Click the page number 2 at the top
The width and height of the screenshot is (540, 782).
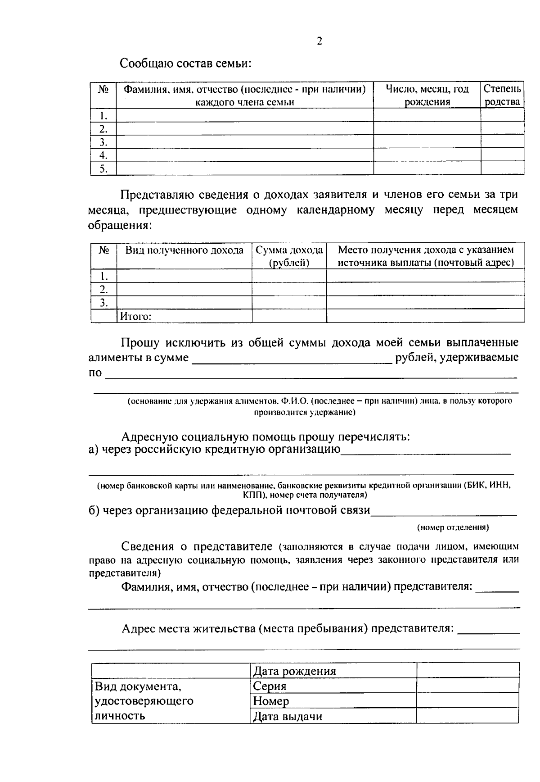(319, 41)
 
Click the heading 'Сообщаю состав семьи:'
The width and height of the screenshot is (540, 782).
(185, 63)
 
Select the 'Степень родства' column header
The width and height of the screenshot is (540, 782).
(502, 95)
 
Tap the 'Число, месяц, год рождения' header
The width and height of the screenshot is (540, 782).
(427, 95)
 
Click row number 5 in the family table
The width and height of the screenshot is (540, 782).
(103, 169)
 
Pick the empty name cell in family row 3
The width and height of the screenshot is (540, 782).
(245, 142)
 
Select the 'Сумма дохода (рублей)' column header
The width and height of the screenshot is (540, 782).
(289, 256)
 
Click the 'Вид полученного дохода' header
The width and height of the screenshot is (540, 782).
(184, 250)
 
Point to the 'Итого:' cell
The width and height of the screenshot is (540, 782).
(135, 316)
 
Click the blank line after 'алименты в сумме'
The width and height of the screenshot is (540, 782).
(292, 359)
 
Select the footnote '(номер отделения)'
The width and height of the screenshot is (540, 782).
(453, 527)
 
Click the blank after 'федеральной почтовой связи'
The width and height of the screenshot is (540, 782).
(444, 511)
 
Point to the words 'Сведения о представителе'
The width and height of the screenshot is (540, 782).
(197, 546)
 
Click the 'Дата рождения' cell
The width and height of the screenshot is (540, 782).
(294, 671)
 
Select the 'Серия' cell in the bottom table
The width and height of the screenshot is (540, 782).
(270, 686)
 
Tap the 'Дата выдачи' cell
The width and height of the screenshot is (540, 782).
(288, 716)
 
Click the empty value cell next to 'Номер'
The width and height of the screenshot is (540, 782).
(468, 701)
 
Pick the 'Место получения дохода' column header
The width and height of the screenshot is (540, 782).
(425, 256)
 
